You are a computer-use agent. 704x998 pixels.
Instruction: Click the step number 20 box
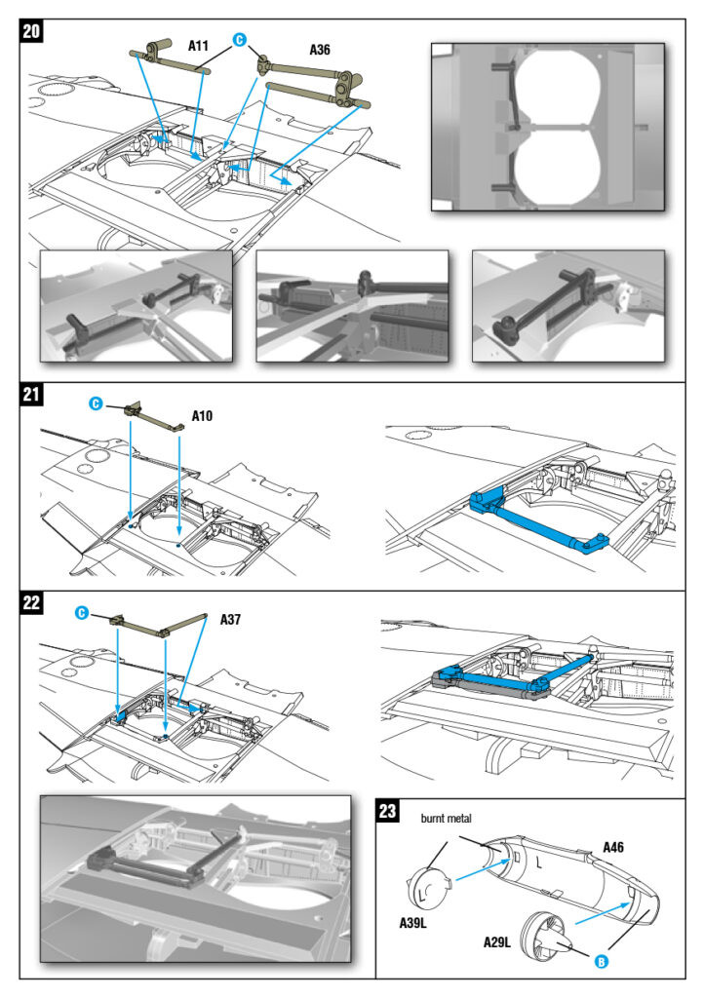[x=31, y=30]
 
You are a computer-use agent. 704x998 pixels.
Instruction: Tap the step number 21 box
[x=31, y=395]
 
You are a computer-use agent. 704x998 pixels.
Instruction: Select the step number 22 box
[x=31, y=601]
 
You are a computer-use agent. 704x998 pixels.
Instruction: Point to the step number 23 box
[x=388, y=810]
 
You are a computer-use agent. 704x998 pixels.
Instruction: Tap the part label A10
[x=203, y=415]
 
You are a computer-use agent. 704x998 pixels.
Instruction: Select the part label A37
[x=232, y=619]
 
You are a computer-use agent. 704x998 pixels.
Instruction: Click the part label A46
[x=613, y=847]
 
